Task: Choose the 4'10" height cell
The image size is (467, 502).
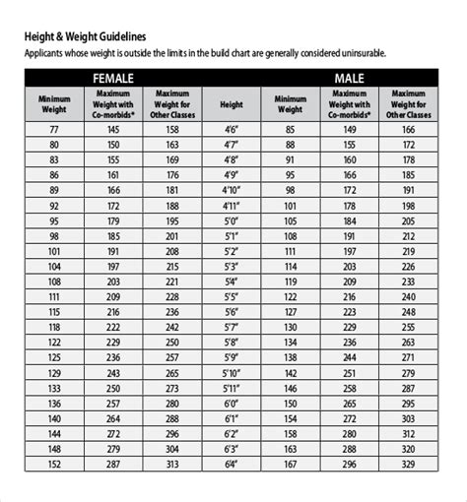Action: tap(232, 190)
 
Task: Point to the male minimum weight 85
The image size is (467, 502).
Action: tap(289, 128)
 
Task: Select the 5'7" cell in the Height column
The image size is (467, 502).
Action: tap(232, 327)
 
